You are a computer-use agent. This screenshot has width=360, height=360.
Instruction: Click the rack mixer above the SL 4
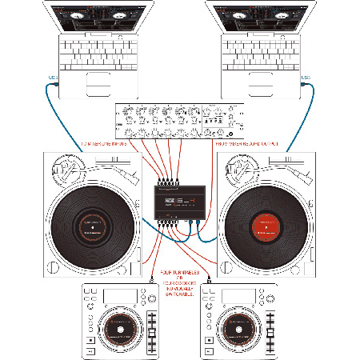coord(180,119)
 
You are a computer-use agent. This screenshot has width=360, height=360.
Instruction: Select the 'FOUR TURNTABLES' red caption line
coord(179,274)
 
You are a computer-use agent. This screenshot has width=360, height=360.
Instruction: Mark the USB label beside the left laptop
coord(52,78)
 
